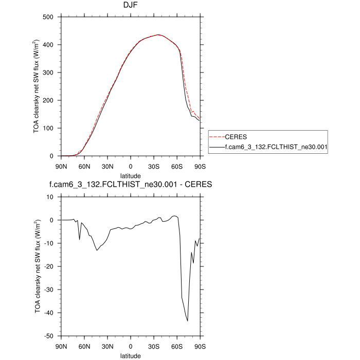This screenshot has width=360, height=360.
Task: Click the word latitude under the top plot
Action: [131, 175]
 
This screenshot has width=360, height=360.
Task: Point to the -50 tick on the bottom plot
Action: [50, 336]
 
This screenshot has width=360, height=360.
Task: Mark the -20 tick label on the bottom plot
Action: [50, 266]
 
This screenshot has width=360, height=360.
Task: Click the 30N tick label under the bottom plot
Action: [107, 346]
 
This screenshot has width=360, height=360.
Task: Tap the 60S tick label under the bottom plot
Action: [177, 346]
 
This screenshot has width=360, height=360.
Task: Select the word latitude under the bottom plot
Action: [131, 355]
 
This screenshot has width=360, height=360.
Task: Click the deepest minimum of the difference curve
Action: [188, 321]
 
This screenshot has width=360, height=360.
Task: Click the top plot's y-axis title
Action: [37, 86]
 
